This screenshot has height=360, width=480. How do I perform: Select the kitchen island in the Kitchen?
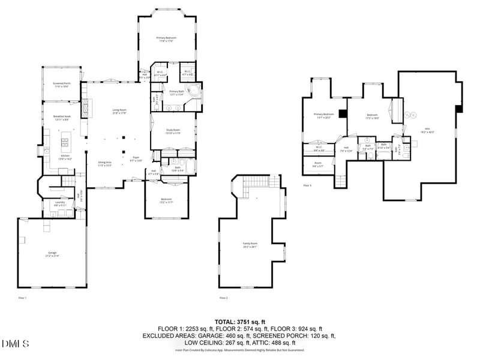pyautogui.click(x=64, y=144)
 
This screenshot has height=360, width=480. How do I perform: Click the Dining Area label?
pyautogui.click(x=106, y=163)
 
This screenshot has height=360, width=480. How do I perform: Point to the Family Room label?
pyautogui.click(x=250, y=244)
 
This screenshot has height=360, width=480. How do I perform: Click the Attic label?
pyautogui.click(x=427, y=130)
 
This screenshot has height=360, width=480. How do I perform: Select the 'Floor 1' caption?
pyautogui.click(x=22, y=298)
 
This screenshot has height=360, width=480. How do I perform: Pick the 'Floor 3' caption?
pyautogui.click(x=307, y=185)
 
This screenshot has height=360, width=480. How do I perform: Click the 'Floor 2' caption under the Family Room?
pyautogui.click(x=224, y=298)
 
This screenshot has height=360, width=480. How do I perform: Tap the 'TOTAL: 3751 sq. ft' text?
pyautogui.click(x=240, y=322)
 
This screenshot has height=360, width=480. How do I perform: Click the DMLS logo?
pyautogui.click(x=16, y=344)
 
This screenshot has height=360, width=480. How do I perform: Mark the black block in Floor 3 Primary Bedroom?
pyautogui.click(x=342, y=113)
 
